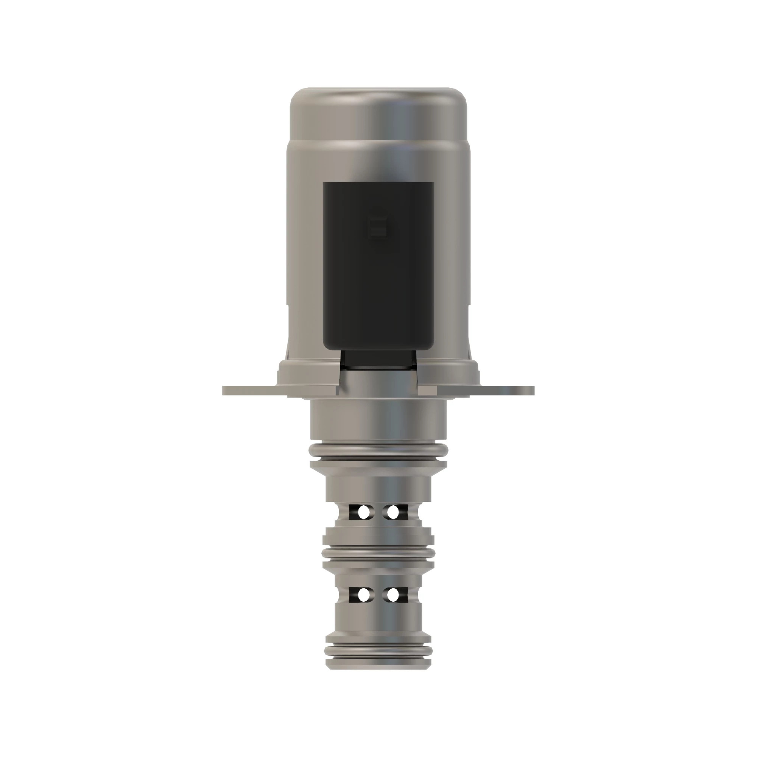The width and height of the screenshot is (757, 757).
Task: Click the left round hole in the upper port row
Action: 363,511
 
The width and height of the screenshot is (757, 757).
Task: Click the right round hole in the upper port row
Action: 393,511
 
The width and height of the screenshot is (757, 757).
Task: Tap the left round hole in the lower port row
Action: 364,595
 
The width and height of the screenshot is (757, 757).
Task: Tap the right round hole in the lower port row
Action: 393,595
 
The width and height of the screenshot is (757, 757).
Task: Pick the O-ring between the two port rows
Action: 378,553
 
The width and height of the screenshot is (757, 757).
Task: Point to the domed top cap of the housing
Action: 378,114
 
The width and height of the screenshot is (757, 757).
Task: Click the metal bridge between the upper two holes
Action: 378,511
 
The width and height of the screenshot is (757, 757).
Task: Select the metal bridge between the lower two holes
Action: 378,595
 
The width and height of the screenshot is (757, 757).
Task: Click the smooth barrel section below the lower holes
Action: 378,619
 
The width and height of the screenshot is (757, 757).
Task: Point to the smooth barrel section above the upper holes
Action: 378,488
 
